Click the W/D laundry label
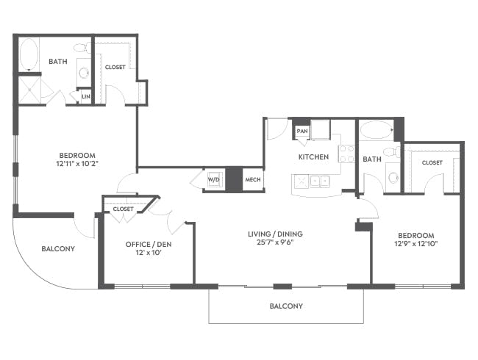(214, 180)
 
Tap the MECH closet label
(253, 180)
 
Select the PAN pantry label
(302, 131)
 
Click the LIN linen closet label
(86, 96)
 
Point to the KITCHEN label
(313, 156)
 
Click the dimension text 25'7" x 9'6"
(275, 242)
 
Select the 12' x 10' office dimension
(149, 253)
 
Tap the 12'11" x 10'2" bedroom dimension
(77, 164)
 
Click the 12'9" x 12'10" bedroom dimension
(416, 243)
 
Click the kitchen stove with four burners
(346, 154)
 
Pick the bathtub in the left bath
(29, 54)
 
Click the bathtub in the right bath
(377, 130)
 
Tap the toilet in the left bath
(82, 48)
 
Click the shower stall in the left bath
(29, 90)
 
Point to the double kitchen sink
(320, 181)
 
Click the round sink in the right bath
(393, 177)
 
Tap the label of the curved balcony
(58, 249)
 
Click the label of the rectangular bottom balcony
(286, 306)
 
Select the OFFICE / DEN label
(149, 244)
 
